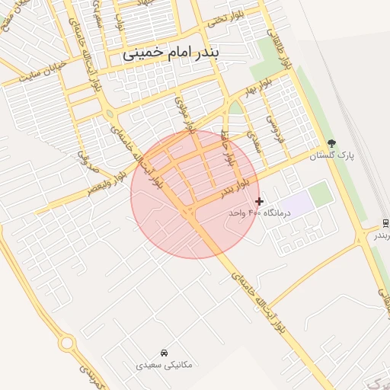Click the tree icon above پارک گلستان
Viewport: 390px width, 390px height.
pos(331,143)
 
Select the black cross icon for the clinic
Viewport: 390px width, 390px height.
pos(260,202)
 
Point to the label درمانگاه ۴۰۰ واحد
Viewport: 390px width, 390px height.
pos(255,213)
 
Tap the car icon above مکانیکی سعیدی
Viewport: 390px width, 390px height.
pos(165,353)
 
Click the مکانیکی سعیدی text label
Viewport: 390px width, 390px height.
pos(165,365)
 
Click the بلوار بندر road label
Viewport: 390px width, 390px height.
pos(236,187)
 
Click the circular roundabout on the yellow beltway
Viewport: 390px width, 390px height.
pos(67,344)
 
